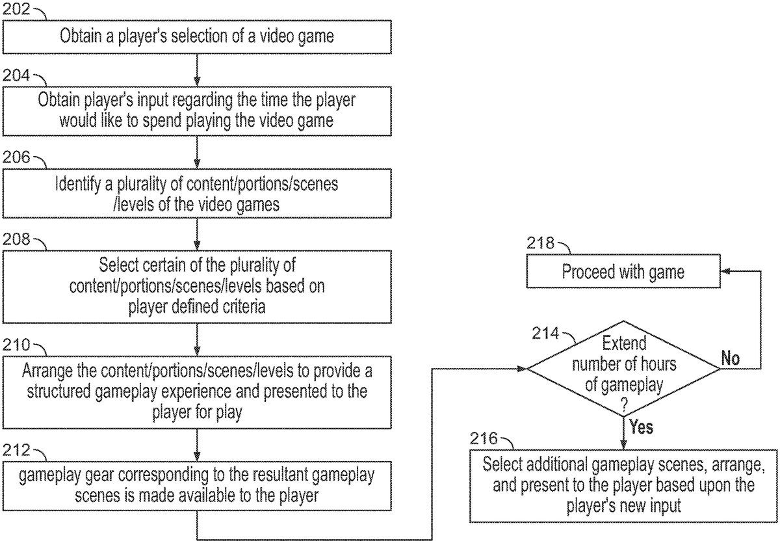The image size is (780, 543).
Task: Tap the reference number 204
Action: pyautogui.click(x=16, y=76)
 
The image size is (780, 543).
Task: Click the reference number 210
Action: pyautogui.click(x=16, y=343)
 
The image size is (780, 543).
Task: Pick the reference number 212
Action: pyautogui.click(x=16, y=451)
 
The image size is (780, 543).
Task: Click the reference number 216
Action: pyautogui.click(x=484, y=439)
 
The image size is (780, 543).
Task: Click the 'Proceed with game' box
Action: pyautogui.click(x=623, y=271)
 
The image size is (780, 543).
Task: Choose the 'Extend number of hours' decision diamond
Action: pyautogui.click(x=623, y=369)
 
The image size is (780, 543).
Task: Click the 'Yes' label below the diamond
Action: pyautogui.click(x=640, y=427)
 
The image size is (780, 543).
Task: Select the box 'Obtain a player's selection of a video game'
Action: pyautogui.click(x=197, y=36)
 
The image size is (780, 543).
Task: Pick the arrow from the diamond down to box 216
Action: pyautogui.click(x=623, y=432)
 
